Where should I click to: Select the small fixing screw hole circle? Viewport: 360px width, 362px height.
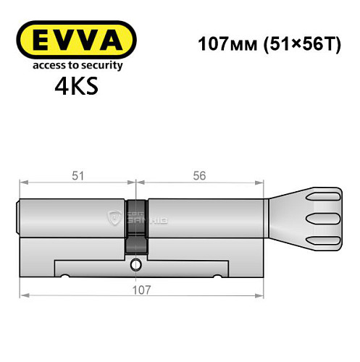coord(135,266)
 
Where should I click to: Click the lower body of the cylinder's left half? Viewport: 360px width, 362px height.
coord(72,253)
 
